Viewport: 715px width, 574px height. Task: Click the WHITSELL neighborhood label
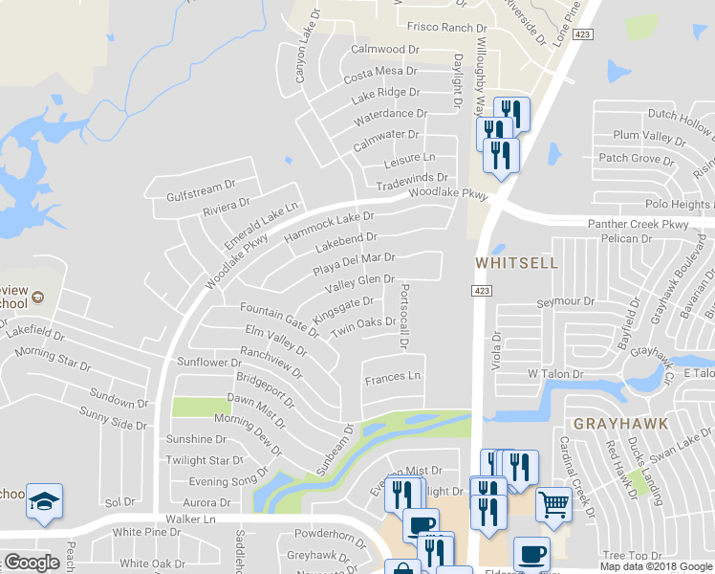pyautogui.click(x=516, y=262)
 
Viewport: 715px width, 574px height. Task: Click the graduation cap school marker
pyautogui.click(x=44, y=502)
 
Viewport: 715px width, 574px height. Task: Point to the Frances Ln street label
pyautogui.click(x=392, y=377)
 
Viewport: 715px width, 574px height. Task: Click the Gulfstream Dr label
pyautogui.click(x=200, y=186)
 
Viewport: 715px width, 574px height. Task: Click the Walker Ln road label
pyautogui.click(x=186, y=519)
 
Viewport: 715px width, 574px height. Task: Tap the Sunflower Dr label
pyautogui.click(x=209, y=363)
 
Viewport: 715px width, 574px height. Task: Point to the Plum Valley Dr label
pyautogui.click(x=644, y=136)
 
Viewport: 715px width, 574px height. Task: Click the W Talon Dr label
pyautogui.click(x=554, y=373)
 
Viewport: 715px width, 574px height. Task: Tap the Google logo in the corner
pyautogui.click(x=32, y=563)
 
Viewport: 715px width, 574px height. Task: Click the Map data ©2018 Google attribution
pyautogui.click(x=656, y=566)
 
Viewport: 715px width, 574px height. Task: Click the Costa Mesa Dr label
pyautogui.click(x=381, y=72)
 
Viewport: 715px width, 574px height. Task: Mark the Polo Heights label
pyautogui.click(x=677, y=205)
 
